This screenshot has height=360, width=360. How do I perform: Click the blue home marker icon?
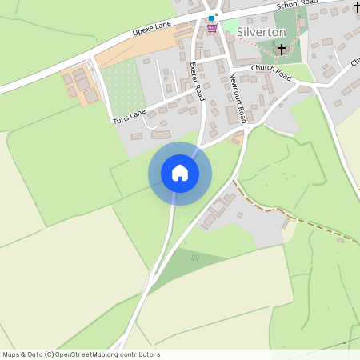(x=180, y=173)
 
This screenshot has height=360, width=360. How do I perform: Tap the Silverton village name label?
(x=262, y=31)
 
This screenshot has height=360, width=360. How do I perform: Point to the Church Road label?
(x=270, y=70)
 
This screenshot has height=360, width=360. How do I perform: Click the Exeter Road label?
(x=198, y=81)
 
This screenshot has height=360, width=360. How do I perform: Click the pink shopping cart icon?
(x=212, y=27)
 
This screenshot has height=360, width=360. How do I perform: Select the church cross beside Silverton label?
(x=281, y=50)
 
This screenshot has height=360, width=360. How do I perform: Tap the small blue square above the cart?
(x=211, y=18)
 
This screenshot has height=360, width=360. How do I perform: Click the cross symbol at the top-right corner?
(x=356, y=7)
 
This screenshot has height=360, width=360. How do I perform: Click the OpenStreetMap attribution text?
(x=81, y=354)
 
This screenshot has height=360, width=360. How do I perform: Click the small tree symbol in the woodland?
(x=194, y=258)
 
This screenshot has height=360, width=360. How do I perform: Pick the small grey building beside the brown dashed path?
(x=341, y=239)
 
